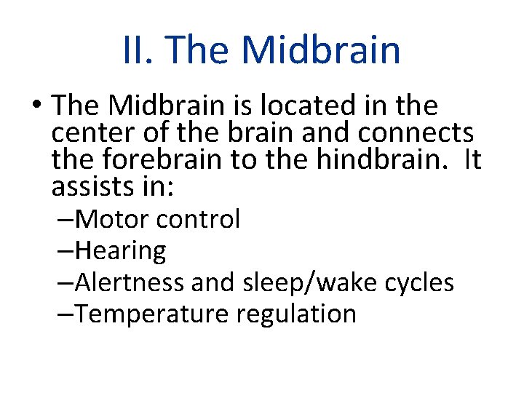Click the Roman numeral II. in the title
(x=138, y=50)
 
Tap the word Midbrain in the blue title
(x=321, y=50)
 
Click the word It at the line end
(x=472, y=160)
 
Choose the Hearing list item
(x=120, y=250)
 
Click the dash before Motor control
(x=65, y=218)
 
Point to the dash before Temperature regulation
(x=65, y=314)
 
